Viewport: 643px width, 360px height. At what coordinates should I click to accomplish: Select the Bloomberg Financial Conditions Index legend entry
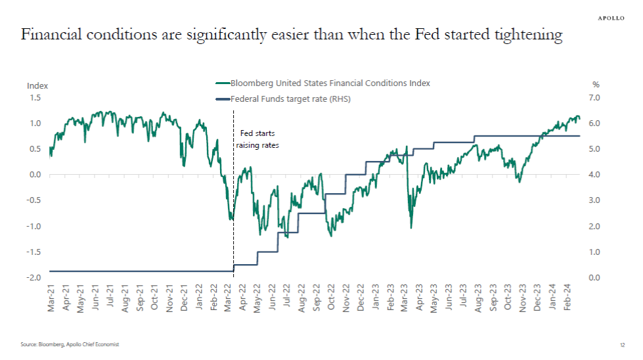pos(323,83)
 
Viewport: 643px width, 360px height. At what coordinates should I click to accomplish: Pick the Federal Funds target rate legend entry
pos(284,100)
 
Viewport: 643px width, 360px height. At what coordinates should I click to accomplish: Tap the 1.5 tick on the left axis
pos(35,98)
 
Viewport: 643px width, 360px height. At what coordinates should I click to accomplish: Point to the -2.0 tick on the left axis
pos(33,278)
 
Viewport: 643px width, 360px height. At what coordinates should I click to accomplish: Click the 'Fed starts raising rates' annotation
pos(257,139)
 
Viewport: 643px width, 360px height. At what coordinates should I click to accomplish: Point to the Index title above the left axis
pos(37,85)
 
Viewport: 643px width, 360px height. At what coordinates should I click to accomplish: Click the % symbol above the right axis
pos(596,85)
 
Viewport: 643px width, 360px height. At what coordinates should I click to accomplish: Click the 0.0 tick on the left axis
pos(35,175)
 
